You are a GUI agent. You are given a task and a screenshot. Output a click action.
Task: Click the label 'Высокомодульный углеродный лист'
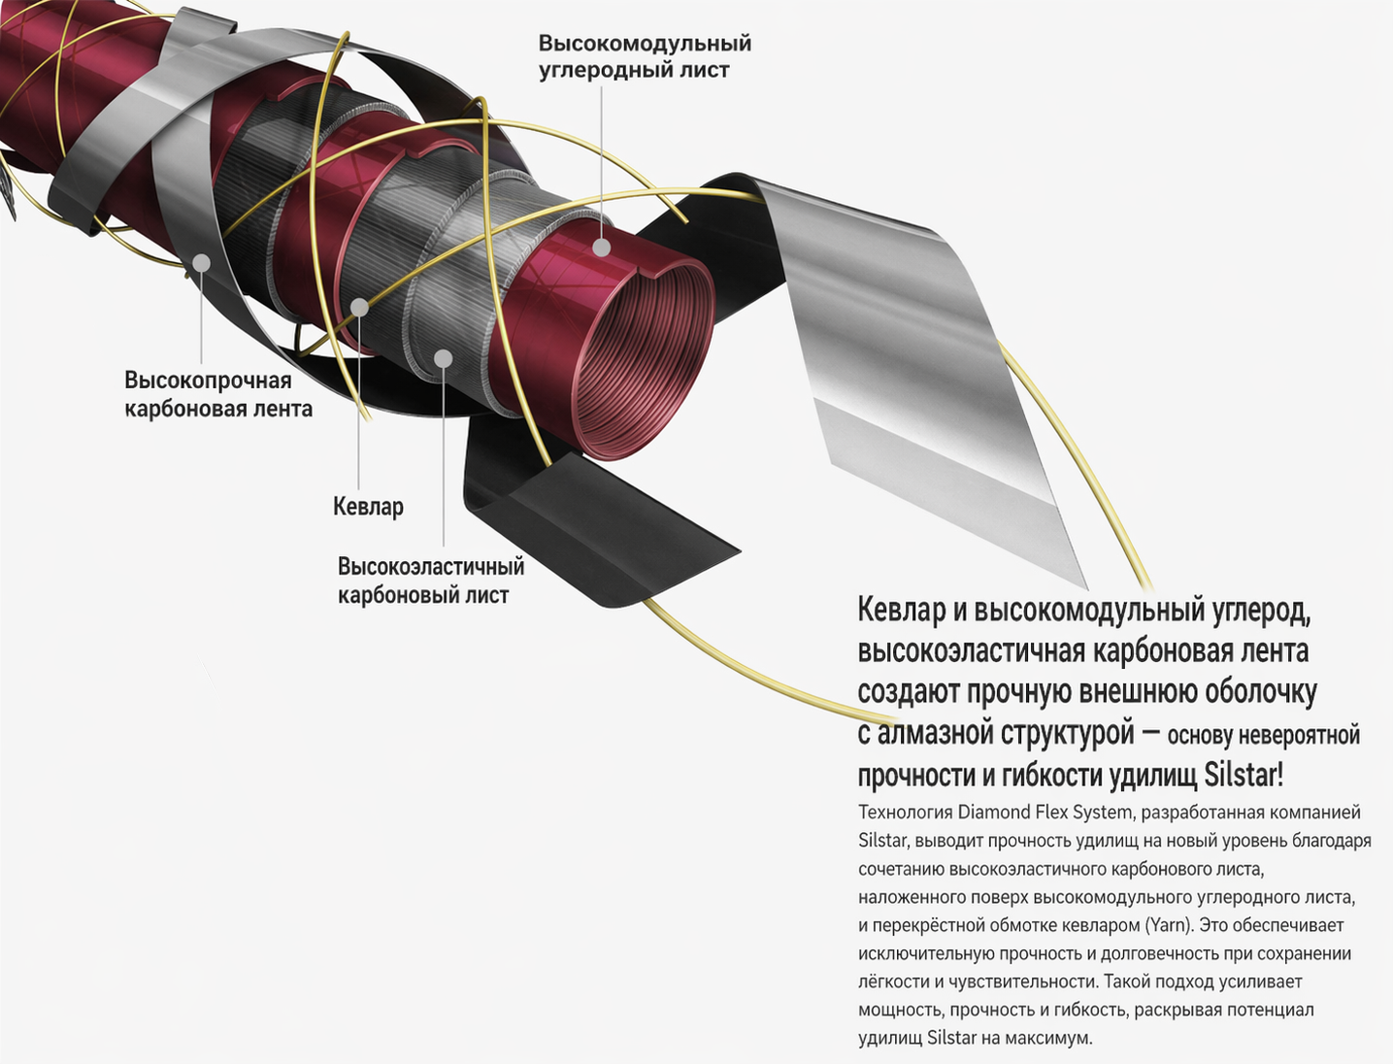pyautogui.click(x=645, y=57)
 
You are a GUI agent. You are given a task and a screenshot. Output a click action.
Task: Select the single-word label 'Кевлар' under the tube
pyautogui.click(x=368, y=507)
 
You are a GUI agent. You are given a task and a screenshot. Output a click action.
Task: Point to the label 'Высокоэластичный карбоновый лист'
pyautogui.click(x=431, y=581)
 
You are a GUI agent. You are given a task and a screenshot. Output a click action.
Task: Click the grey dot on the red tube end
pyautogui.click(x=602, y=248)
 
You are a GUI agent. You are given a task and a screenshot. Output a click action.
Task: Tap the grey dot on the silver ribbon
pyautogui.click(x=201, y=263)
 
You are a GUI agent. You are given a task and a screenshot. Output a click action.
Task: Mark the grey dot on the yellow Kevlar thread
pyautogui.click(x=359, y=308)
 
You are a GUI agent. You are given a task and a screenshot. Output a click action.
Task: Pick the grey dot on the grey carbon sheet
pyautogui.click(x=443, y=358)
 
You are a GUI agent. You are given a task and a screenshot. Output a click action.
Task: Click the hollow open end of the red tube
pyautogui.click(x=641, y=358)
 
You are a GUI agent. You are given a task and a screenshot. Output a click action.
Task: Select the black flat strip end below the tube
pyautogui.click(x=610, y=533)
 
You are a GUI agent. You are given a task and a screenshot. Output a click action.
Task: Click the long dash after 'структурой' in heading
pyautogui.click(x=1150, y=734)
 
